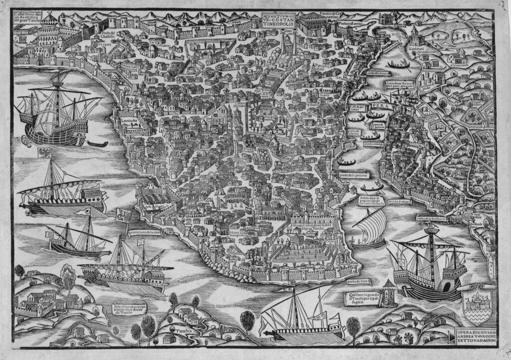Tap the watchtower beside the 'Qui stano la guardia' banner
point(389,293)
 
